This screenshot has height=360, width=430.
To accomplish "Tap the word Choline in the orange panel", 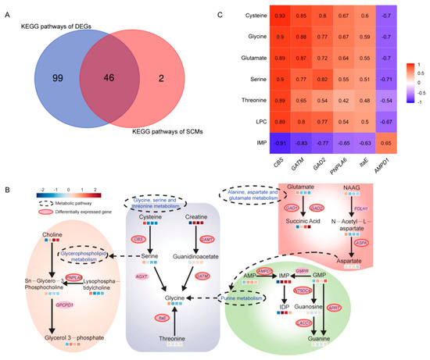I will tap(50, 233).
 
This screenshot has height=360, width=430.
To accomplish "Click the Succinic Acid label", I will tap(323, 244).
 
